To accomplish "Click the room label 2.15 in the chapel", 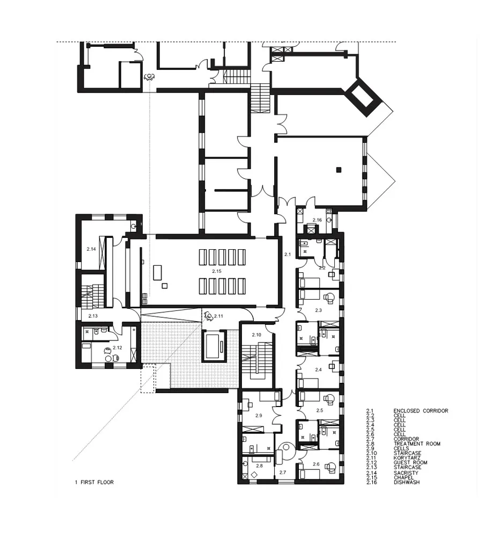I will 217,271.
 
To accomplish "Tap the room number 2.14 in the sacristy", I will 91,249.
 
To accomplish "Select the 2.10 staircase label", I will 256,335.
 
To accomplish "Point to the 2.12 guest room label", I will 118,347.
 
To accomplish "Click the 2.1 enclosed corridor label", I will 287,254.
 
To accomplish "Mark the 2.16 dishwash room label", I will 317,220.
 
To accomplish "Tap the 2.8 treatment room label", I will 259,466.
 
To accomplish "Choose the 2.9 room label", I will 259,416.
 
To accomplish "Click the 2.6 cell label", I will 316,464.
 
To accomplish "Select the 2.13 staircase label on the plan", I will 93,316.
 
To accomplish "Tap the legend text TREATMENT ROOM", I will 416,444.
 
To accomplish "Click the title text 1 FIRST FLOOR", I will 94,482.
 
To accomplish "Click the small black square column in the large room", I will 338,170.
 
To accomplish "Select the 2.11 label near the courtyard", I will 218,316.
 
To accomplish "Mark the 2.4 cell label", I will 318,369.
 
